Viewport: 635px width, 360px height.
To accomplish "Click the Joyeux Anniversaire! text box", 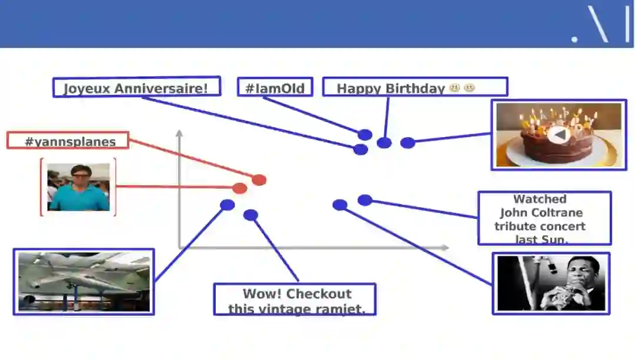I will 136,87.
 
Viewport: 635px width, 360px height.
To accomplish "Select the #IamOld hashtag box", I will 275,87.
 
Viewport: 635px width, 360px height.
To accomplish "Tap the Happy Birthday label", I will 415,87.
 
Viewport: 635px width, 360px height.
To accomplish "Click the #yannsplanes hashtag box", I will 68,141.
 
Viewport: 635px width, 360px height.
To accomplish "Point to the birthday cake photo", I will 558,135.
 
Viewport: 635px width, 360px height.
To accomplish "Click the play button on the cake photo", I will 559,135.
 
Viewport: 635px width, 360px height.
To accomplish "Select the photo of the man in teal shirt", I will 78,186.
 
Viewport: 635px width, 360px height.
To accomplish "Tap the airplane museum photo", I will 83,282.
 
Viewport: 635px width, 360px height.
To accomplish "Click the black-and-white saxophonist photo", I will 551,284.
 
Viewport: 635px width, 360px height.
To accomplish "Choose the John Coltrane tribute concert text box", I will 544,218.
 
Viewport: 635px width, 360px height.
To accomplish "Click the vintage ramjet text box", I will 294,299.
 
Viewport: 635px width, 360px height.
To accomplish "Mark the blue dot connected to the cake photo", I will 407,142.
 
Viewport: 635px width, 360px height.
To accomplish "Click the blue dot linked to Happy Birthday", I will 384,142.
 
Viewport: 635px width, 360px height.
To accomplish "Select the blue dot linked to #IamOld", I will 365,135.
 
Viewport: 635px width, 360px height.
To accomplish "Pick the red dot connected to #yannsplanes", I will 259,180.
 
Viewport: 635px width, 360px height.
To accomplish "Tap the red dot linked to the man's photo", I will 239,188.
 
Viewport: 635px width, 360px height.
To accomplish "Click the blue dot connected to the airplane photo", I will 228,205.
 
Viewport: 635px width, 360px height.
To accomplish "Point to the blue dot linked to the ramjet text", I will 250,215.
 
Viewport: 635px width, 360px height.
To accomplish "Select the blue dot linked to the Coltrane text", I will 365,200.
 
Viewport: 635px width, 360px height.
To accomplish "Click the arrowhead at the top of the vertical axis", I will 179,133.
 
